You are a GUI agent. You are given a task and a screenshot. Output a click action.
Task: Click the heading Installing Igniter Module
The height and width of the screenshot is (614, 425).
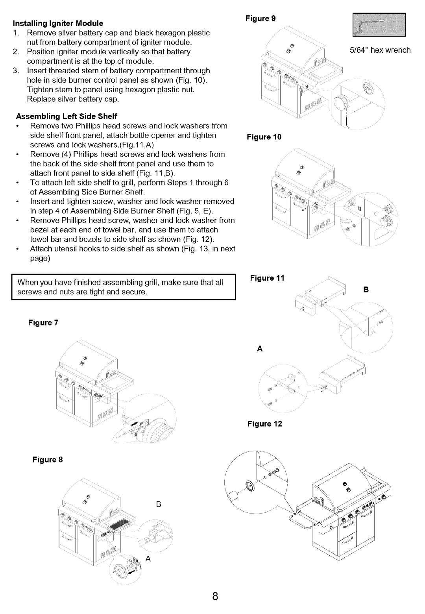point(58,23)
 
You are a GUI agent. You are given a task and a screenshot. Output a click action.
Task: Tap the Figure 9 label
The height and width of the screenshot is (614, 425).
point(260,18)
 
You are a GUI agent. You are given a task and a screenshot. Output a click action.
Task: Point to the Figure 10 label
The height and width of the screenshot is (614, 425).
point(264,137)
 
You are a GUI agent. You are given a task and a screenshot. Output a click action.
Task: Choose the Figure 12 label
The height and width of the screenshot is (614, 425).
point(264,424)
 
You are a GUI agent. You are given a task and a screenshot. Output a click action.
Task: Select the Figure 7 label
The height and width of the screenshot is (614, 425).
point(43,323)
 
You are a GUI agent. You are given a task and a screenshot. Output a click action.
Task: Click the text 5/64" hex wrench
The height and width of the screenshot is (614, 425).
point(380,50)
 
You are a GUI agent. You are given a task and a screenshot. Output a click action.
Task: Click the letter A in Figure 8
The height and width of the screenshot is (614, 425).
point(149,559)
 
